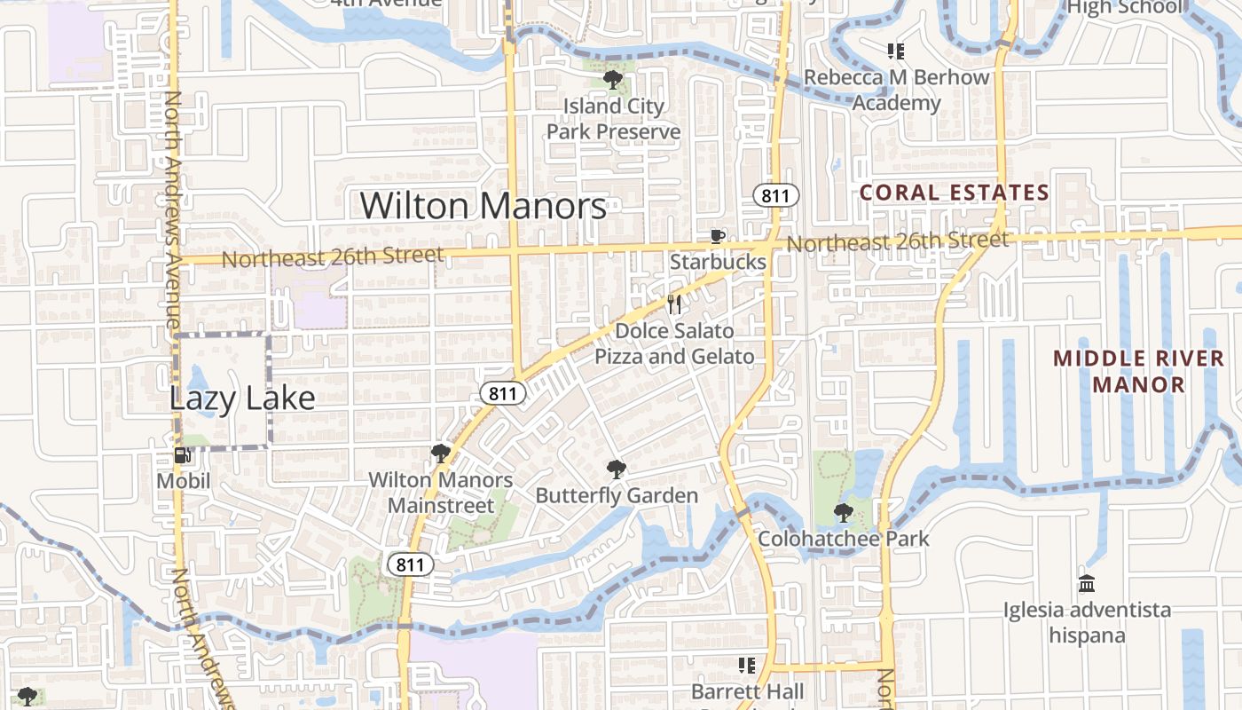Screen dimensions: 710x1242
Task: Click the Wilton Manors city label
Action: tap(483, 206)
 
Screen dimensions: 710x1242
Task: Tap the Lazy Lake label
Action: tap(242, 398)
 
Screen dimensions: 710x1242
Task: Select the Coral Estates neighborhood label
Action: tap(955, 193)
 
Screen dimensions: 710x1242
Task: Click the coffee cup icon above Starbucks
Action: tap(717, 236)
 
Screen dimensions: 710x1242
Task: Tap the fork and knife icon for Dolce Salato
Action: tap(675, 305)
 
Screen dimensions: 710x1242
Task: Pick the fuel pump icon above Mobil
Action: tap(183, 456)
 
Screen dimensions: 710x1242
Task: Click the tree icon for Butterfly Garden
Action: tap(616, 469)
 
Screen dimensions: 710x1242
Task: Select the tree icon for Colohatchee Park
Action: tap(844, 513)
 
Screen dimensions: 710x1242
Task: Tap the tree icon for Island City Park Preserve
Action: tap(612, 81)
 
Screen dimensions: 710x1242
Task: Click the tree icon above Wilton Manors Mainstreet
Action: tap(440, 454)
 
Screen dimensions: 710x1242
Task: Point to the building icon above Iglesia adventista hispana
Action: tap(1087, 584)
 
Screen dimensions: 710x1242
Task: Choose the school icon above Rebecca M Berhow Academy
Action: tap(896, 51)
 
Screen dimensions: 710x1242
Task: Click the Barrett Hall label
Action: tap(748, 691)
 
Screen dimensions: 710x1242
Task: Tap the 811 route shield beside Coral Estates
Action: tap(777, 195)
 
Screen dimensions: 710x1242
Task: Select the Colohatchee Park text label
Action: tap(844, 539)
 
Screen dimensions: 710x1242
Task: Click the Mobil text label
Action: tap(184, 481)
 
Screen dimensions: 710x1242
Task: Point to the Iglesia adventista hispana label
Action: tap(1087, 622)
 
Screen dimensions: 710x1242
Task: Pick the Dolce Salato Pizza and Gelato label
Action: tap(674, 343)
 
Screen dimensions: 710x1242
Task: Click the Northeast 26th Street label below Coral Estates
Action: tap(897, 241)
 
